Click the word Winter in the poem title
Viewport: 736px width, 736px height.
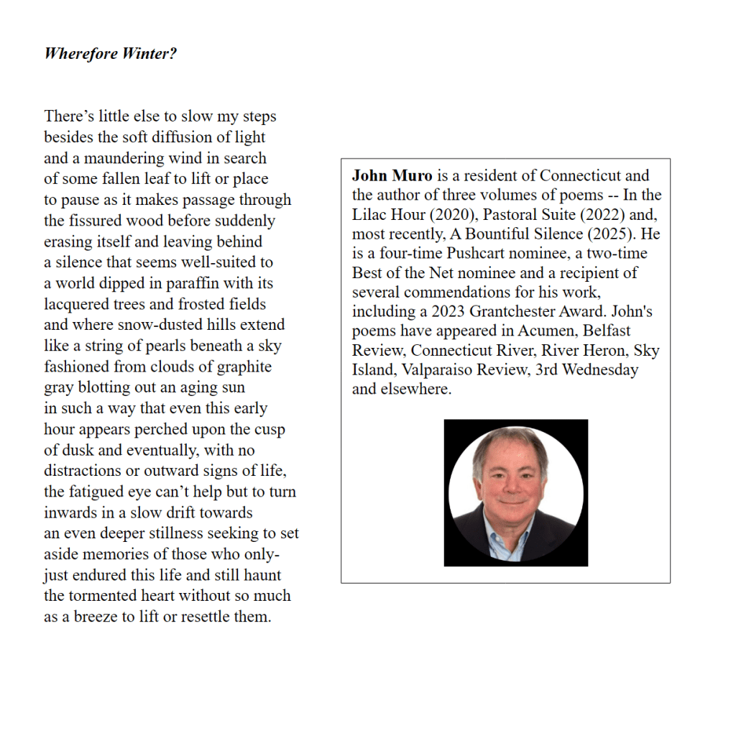coord(144,54)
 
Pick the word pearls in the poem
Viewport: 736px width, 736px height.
coord(166,346)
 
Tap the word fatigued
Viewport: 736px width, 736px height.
coord(98,492)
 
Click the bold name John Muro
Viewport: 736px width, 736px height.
coord(392,175)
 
